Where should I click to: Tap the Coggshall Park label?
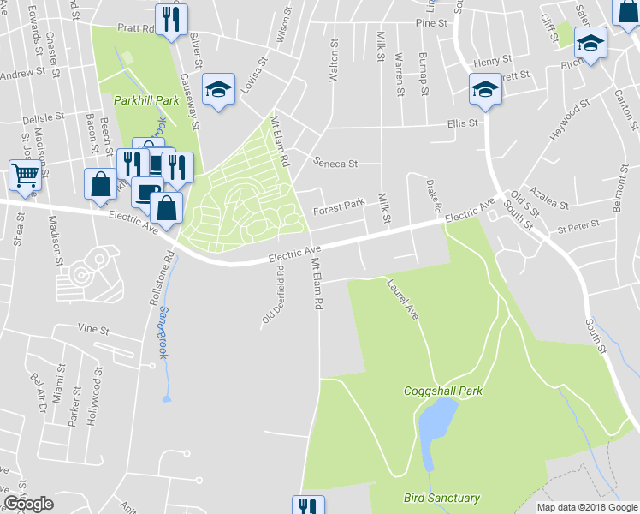(443, 391)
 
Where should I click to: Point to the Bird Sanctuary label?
(441, 498)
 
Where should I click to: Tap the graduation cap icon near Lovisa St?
(218, 89)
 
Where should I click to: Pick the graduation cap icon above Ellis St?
(484, 89)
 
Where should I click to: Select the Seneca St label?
(335, 162)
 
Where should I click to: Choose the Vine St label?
(94, 329)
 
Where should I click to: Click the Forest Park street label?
(339, 206)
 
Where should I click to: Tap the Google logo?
(28, 504)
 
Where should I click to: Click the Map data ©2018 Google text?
(586, 507)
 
